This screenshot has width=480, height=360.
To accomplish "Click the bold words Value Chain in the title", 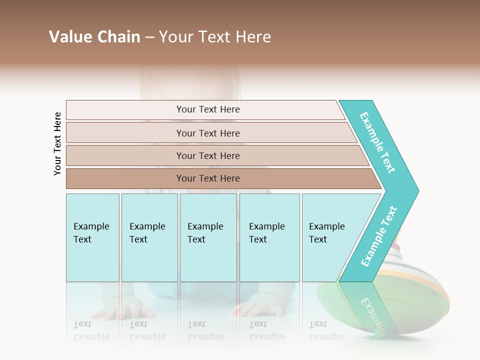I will click(94, 37).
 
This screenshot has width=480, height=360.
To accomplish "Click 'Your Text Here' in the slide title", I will click(215, 37).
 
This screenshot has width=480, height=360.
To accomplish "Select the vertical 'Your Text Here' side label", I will click(57, 143).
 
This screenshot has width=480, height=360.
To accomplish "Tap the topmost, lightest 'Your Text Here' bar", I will click(208, 109).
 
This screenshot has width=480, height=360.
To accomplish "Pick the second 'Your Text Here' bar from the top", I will click(208, 133).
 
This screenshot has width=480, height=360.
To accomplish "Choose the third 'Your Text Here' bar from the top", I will click(208, 155).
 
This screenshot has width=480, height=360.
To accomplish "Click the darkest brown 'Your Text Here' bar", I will click(208, 178).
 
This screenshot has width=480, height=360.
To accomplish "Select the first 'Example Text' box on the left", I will click(92, 237).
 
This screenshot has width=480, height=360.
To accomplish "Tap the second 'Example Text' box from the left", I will click(149, 237).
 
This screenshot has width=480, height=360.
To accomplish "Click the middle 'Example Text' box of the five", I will click(208, 237).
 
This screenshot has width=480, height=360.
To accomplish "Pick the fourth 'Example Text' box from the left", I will click(269, 237).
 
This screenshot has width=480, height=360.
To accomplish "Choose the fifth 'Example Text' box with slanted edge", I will click(327, 237).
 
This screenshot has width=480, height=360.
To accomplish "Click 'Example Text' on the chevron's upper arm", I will click(377, 142).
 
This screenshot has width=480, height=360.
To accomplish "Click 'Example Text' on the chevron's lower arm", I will click(379, 236).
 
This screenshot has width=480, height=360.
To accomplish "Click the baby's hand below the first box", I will click(122, 308).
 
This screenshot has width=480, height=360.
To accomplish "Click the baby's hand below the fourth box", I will click(255, 306).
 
